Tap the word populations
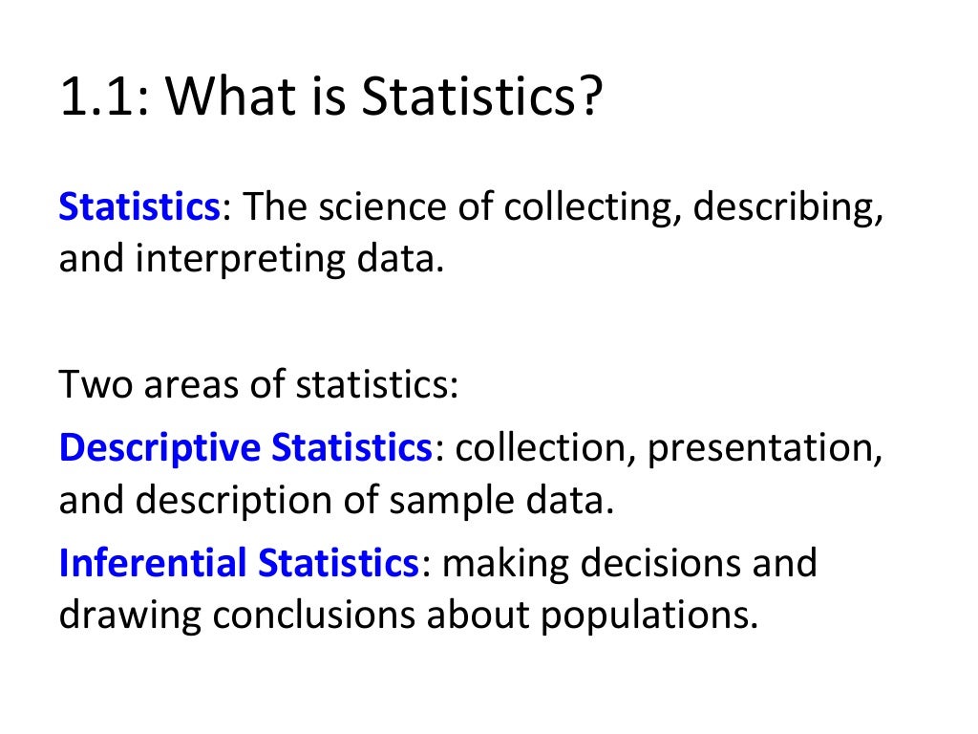(650, 616)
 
